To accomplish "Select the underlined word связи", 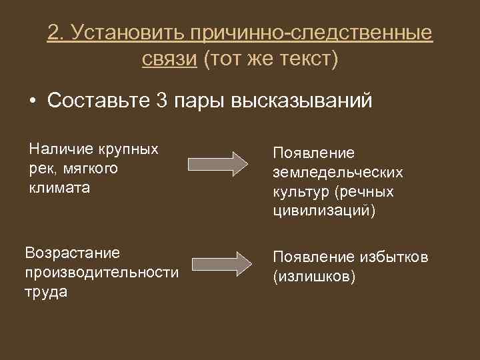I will click(169, 59).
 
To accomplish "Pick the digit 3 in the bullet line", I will click(161, 101).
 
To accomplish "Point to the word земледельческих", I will click(338, 173).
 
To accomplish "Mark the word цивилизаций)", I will click(325, 211).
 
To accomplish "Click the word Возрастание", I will click(72, 253).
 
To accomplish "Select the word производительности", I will click(101, 273).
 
